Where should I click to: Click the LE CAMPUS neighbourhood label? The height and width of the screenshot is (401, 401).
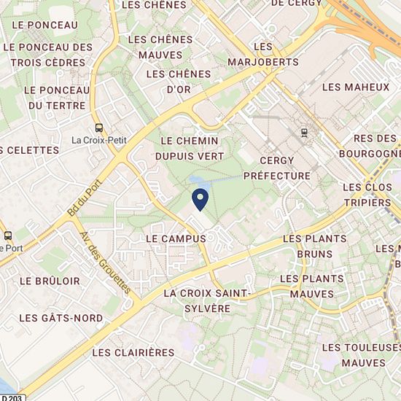172,238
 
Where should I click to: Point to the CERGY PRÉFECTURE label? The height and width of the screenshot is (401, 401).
277,168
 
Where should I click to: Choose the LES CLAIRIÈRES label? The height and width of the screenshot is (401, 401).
133,352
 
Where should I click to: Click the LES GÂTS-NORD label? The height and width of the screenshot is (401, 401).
51,318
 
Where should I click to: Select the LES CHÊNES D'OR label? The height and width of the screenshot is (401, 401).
179,82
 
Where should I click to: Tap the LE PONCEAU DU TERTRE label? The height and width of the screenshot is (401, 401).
55,97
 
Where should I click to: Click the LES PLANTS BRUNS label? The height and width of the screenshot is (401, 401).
307,246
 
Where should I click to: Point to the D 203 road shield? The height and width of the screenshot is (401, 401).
12,397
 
